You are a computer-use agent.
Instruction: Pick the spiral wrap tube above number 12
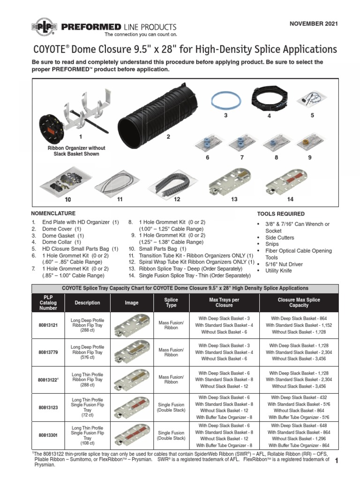(176, 180)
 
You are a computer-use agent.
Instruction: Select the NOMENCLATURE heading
(53, 213)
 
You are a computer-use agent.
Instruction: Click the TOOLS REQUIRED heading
(281, 214)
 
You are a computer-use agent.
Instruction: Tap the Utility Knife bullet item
(278, 271)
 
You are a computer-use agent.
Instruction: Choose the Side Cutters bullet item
(280, 238)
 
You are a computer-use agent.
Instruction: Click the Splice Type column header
(171, 302)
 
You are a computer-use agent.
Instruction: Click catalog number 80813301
(48, 435)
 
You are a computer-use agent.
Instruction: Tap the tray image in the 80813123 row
(132, 407)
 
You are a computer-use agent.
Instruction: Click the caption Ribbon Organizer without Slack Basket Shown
(76, 151)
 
